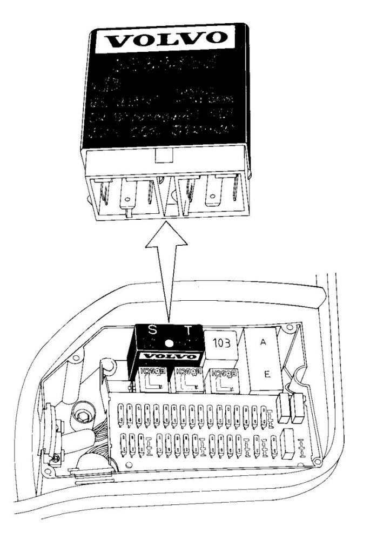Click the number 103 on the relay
click(x=221, y=342)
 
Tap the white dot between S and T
click(x=170, y=342)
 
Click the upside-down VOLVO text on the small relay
click(x=169, y=356)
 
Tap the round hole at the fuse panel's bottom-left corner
click(x=129, y=464)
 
